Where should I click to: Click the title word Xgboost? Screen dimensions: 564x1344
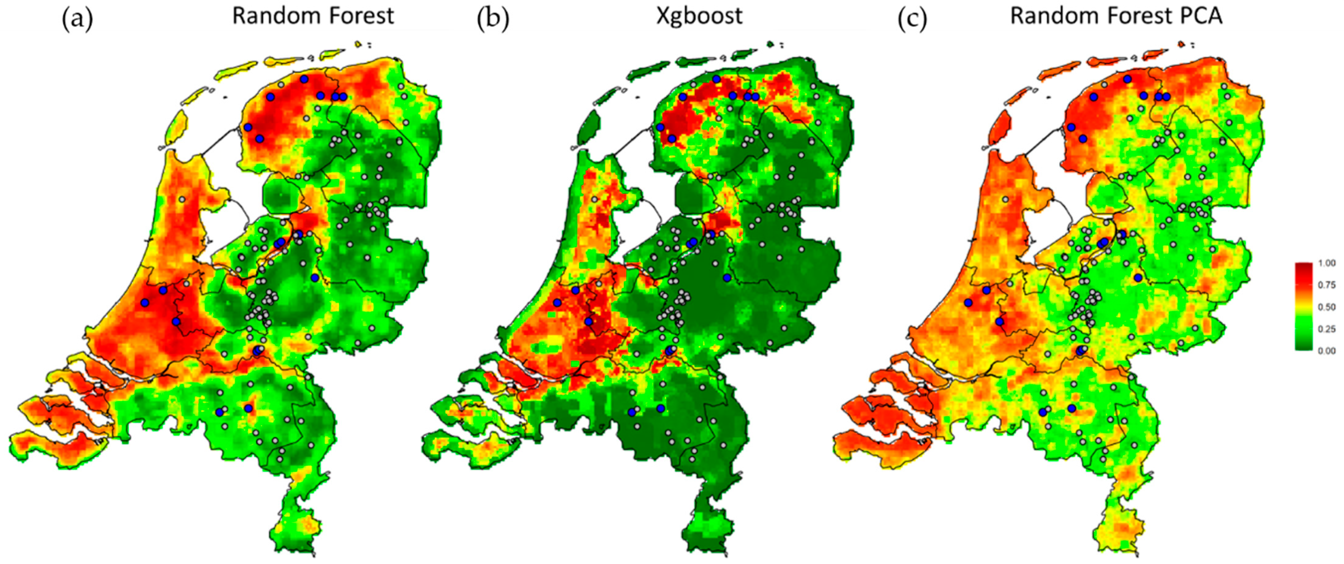[699, 16]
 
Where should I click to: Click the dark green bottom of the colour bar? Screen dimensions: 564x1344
[1303, 347]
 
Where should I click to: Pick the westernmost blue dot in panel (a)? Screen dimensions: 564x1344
[145, 303]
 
